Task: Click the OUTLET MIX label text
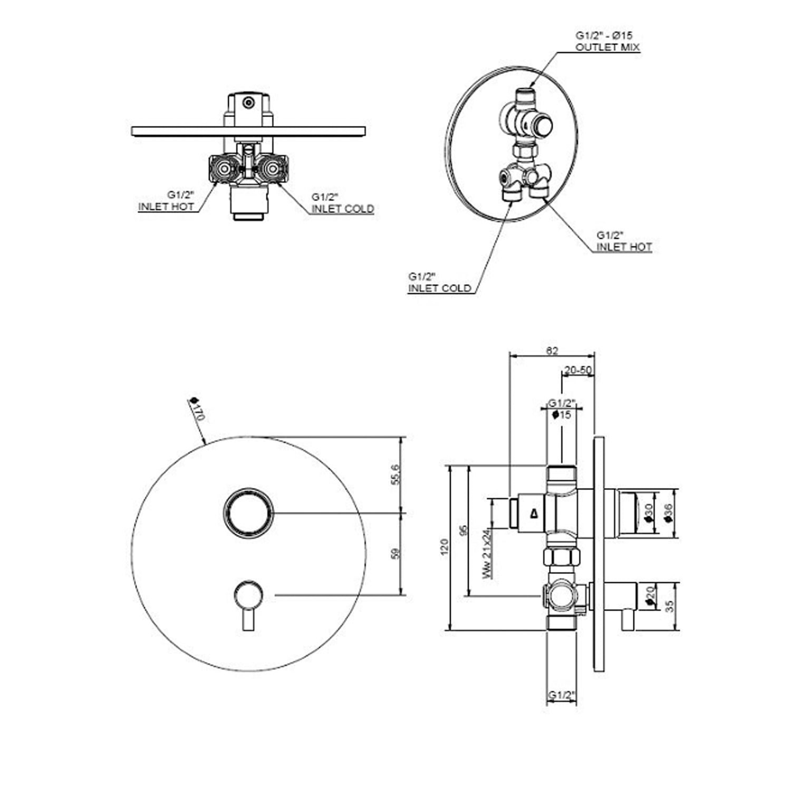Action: point(607,47)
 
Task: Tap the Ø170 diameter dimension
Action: point(197,409)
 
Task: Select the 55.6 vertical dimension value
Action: point(397,474)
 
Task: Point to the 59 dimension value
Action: point(397,554)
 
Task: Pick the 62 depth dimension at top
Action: point(552,351)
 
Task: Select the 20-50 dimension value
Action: point(578,370)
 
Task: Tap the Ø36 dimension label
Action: point(669,513)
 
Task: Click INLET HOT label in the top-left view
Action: point(166,207)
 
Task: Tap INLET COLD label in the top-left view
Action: point(342,209)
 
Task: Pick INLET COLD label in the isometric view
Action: point(439,288)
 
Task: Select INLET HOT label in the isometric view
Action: point(624,247)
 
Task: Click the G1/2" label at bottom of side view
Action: point(561,696)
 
